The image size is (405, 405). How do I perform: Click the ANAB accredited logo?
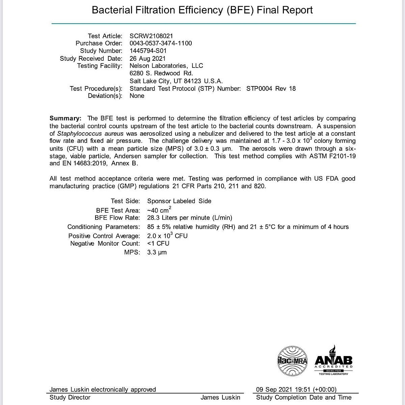pyautogui.click(x=333, y=360)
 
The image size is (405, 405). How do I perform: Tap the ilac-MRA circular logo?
pyautogui.click(x=292, y=361)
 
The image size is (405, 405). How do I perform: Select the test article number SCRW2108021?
pyautogui.click(x=151, y=36)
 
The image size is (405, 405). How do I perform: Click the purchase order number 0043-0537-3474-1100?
pyautogui.click(x=161, y=43)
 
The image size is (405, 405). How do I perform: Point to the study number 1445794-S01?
pyautogui.click(x=148, y=51)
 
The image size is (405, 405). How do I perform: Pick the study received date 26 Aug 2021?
pyautogui.click(x=147, y=58)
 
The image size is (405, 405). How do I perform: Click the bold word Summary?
pyautogui.click(x=65, y=118)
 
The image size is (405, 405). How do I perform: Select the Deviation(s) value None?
pyautogui.click(x=137, y=96)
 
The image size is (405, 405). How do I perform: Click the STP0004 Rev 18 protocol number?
pyautogui.click(x=271, y=88)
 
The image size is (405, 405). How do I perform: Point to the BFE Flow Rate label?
pyautogui.click(x=117, y=218)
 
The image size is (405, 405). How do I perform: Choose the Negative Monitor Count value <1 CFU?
pyautogui.click(x=158, y=243)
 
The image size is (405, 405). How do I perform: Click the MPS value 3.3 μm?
pyautogui.click(x=157, y=252)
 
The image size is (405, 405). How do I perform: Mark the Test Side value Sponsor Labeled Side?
pyautogui.click(x=179, y=201)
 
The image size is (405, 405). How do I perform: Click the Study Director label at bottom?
pyautogui.click(x=70, y=398)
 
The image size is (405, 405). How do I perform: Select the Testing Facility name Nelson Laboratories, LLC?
pyautogui.click(x=166, y=66)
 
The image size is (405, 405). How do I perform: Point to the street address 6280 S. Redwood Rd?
pyautogui.click(x=161, y=73)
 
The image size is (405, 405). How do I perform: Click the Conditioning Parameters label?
pyautogui.click(x=104, y=227)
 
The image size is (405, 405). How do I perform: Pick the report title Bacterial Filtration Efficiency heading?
pyautogui.click(x=202, y=10)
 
